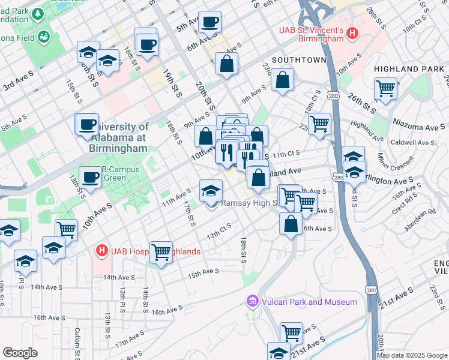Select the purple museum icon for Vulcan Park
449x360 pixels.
[252, 301]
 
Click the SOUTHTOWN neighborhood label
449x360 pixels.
[298, 60]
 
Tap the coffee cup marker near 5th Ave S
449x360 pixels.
[209, 22]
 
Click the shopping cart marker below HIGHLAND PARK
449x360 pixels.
[385, 89]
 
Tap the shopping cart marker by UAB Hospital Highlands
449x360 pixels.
[161, 253]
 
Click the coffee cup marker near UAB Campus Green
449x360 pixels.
[91, 177]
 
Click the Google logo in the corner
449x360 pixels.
[20, 353]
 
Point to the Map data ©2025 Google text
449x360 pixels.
[412, 355]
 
